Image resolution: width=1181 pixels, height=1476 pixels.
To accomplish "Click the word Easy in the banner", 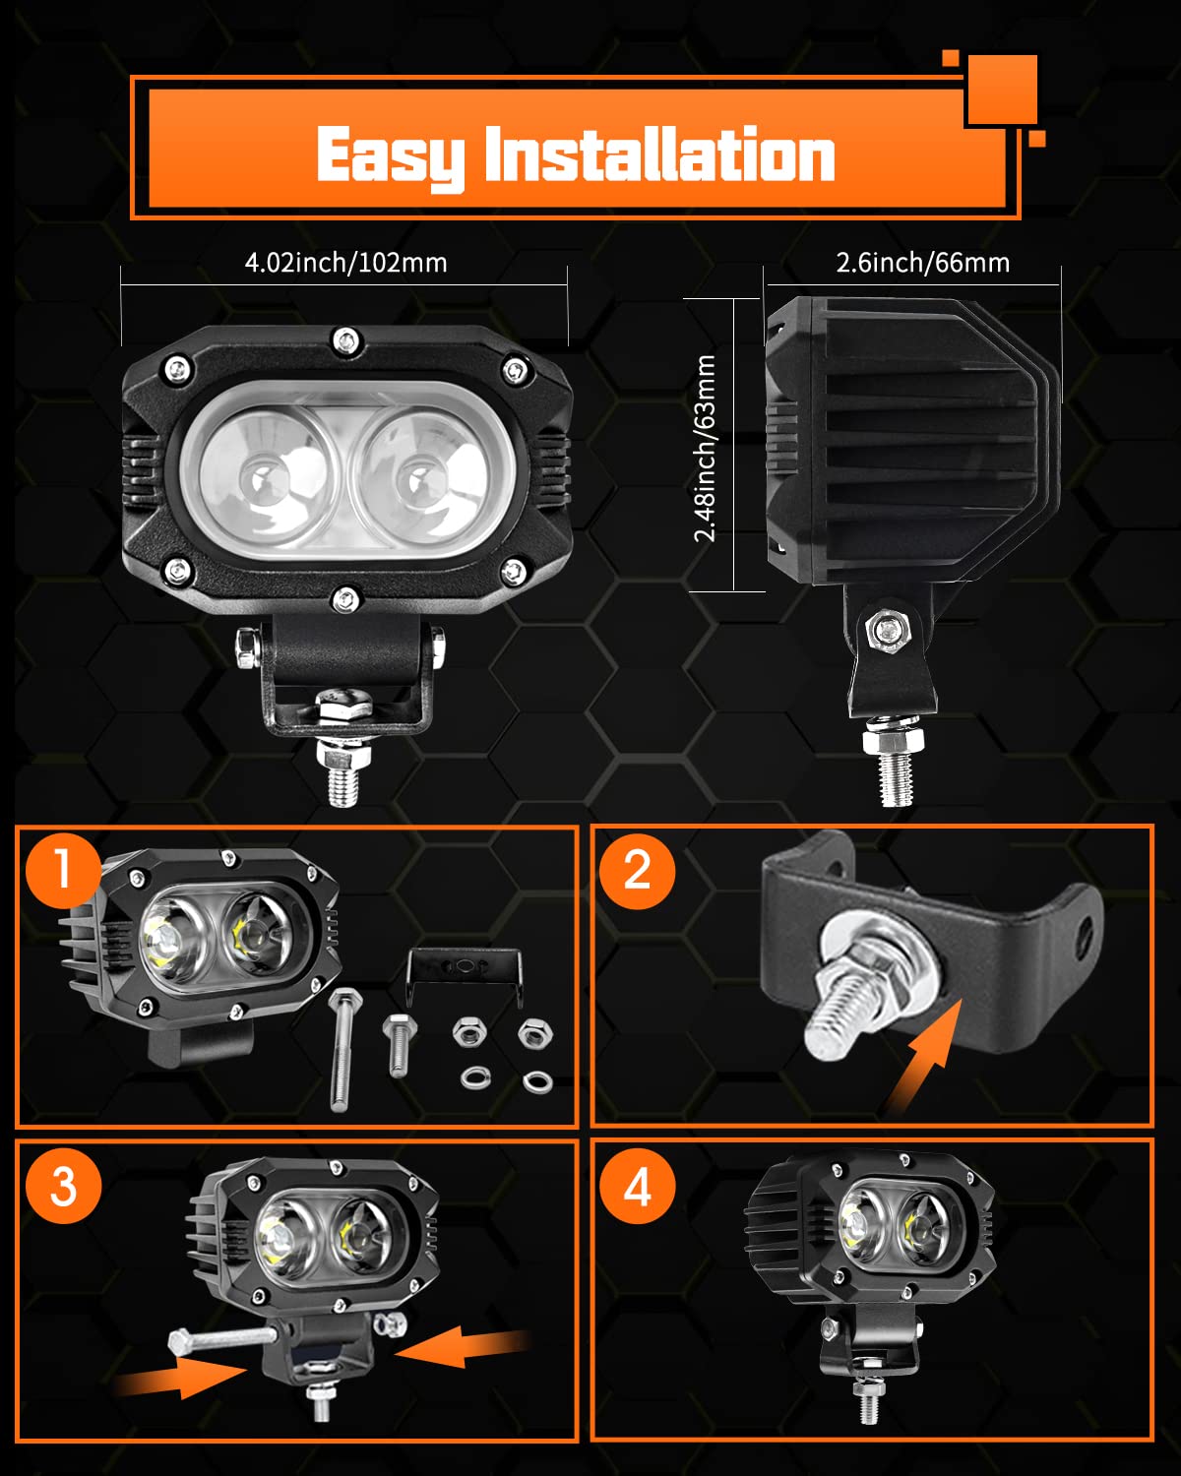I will (x=390, y=155).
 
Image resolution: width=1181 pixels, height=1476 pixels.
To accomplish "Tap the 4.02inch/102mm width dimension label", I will (x=345, y=263).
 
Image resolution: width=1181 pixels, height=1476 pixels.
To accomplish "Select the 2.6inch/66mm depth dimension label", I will (x=922, y=263).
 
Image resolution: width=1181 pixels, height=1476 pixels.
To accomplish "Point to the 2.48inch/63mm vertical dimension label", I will (x=706, y=448).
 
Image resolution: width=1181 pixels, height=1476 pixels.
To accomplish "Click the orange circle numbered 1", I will (x=63, y=870).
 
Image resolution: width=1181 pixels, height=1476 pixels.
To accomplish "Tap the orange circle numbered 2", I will (x=638, y=870).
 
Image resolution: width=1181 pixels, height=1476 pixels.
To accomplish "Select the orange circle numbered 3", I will (x=63, y=1185).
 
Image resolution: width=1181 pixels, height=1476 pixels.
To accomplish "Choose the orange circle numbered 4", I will (x=638, y=1185).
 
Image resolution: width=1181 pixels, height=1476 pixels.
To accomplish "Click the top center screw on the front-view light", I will (x=345, y=341).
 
